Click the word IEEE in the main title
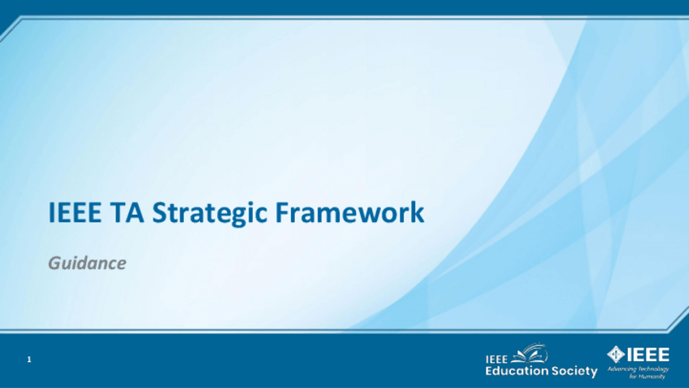75,212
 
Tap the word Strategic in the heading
209,214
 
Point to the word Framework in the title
349,212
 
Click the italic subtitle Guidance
87,263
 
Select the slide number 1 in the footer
29,360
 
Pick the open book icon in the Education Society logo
531,353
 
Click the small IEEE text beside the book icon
496,360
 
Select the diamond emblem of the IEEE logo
616,354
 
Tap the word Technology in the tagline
653,369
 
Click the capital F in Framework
282,212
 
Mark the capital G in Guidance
54,263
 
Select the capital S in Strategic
159,212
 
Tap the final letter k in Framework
418,211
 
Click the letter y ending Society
594,373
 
